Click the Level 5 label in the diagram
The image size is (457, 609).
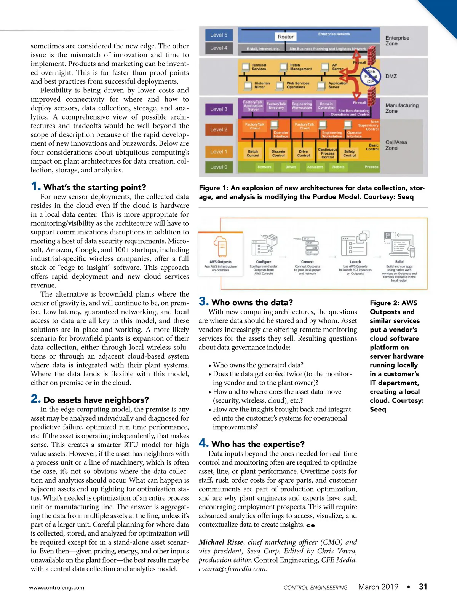pyautogui.click(x=219, y=35)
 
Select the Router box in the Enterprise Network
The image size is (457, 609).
pyautogui.click(x=286, y=37)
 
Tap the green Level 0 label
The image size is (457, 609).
pyautogui.click(x=219, y=167)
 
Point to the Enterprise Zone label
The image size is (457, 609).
pyautogui.click(x=397, y=41)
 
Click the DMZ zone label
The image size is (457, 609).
pyautogui.click(x=391, y=76)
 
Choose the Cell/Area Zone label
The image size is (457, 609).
pyautogui.click(x=396, y=145)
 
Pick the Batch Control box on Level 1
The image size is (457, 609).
pyautogui.click(x=253, y=153)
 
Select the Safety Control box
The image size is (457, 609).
pyautogui.click(x=349, y=153)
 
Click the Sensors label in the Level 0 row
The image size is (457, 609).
pyautogui.click(x=264, y=167)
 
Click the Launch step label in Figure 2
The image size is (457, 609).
pyautogui.click(x=355, y=262)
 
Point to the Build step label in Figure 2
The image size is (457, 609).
pyautogui.click(x=399, y=262)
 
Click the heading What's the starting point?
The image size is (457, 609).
pyautogui.click(x=94, y=187)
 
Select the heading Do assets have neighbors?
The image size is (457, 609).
pyautogui.click(x=96, y=400)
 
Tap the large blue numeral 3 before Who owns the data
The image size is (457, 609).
pyautogui.click(x=203, y=302)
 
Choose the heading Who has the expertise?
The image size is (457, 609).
pyautogui.click(x=258, y=444)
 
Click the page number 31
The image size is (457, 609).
pyautogui.click(x=423, y=587)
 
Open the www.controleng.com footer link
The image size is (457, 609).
pyautogui.click(x=57, y=587)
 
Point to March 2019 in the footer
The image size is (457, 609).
pyautogui.click(x=378, y=587)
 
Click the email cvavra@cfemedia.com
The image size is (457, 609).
pyautogui.click(x=233, y=569)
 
